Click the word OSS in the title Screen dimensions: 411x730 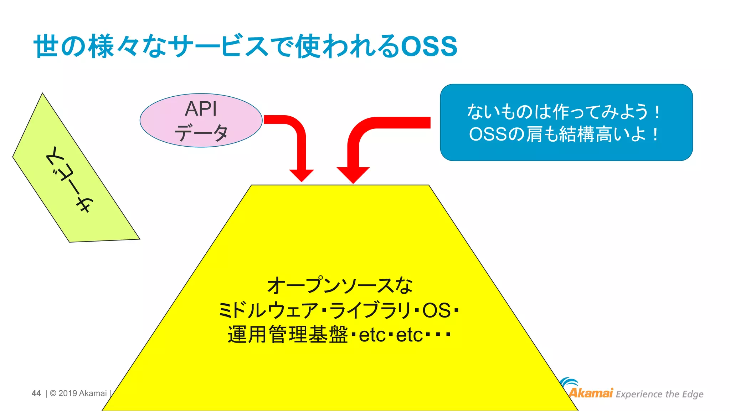[429, 47]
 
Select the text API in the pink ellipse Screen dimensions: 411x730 [201, 109]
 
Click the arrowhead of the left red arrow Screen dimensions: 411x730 [302, 175]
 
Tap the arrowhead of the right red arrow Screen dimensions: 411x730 [353, 175]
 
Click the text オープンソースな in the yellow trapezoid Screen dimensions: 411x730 [340, 286]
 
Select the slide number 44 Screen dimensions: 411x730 [36, 393]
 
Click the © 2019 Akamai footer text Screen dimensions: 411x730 [78, 393]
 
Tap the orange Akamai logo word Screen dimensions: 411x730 [591, 393]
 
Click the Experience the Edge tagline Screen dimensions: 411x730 [659, 394]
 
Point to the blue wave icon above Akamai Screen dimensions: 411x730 [569, 383]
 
